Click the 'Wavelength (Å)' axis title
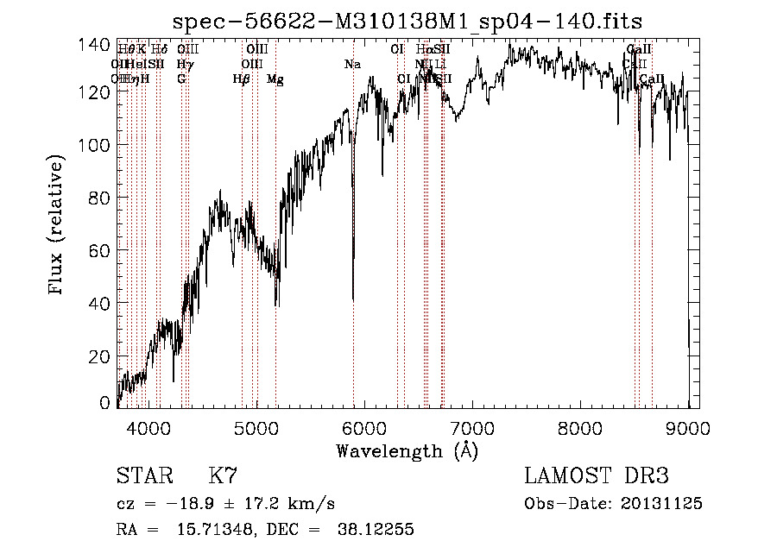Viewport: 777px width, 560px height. [x=407, y=450]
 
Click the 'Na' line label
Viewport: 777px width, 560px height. [x=352, y=65]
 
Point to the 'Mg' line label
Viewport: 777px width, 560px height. [x=275, y=79]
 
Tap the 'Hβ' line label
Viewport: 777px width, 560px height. [x=241, y=79]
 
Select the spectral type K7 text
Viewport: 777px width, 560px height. [x=223, y=476]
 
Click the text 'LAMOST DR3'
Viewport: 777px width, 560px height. [x=597, y=476]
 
